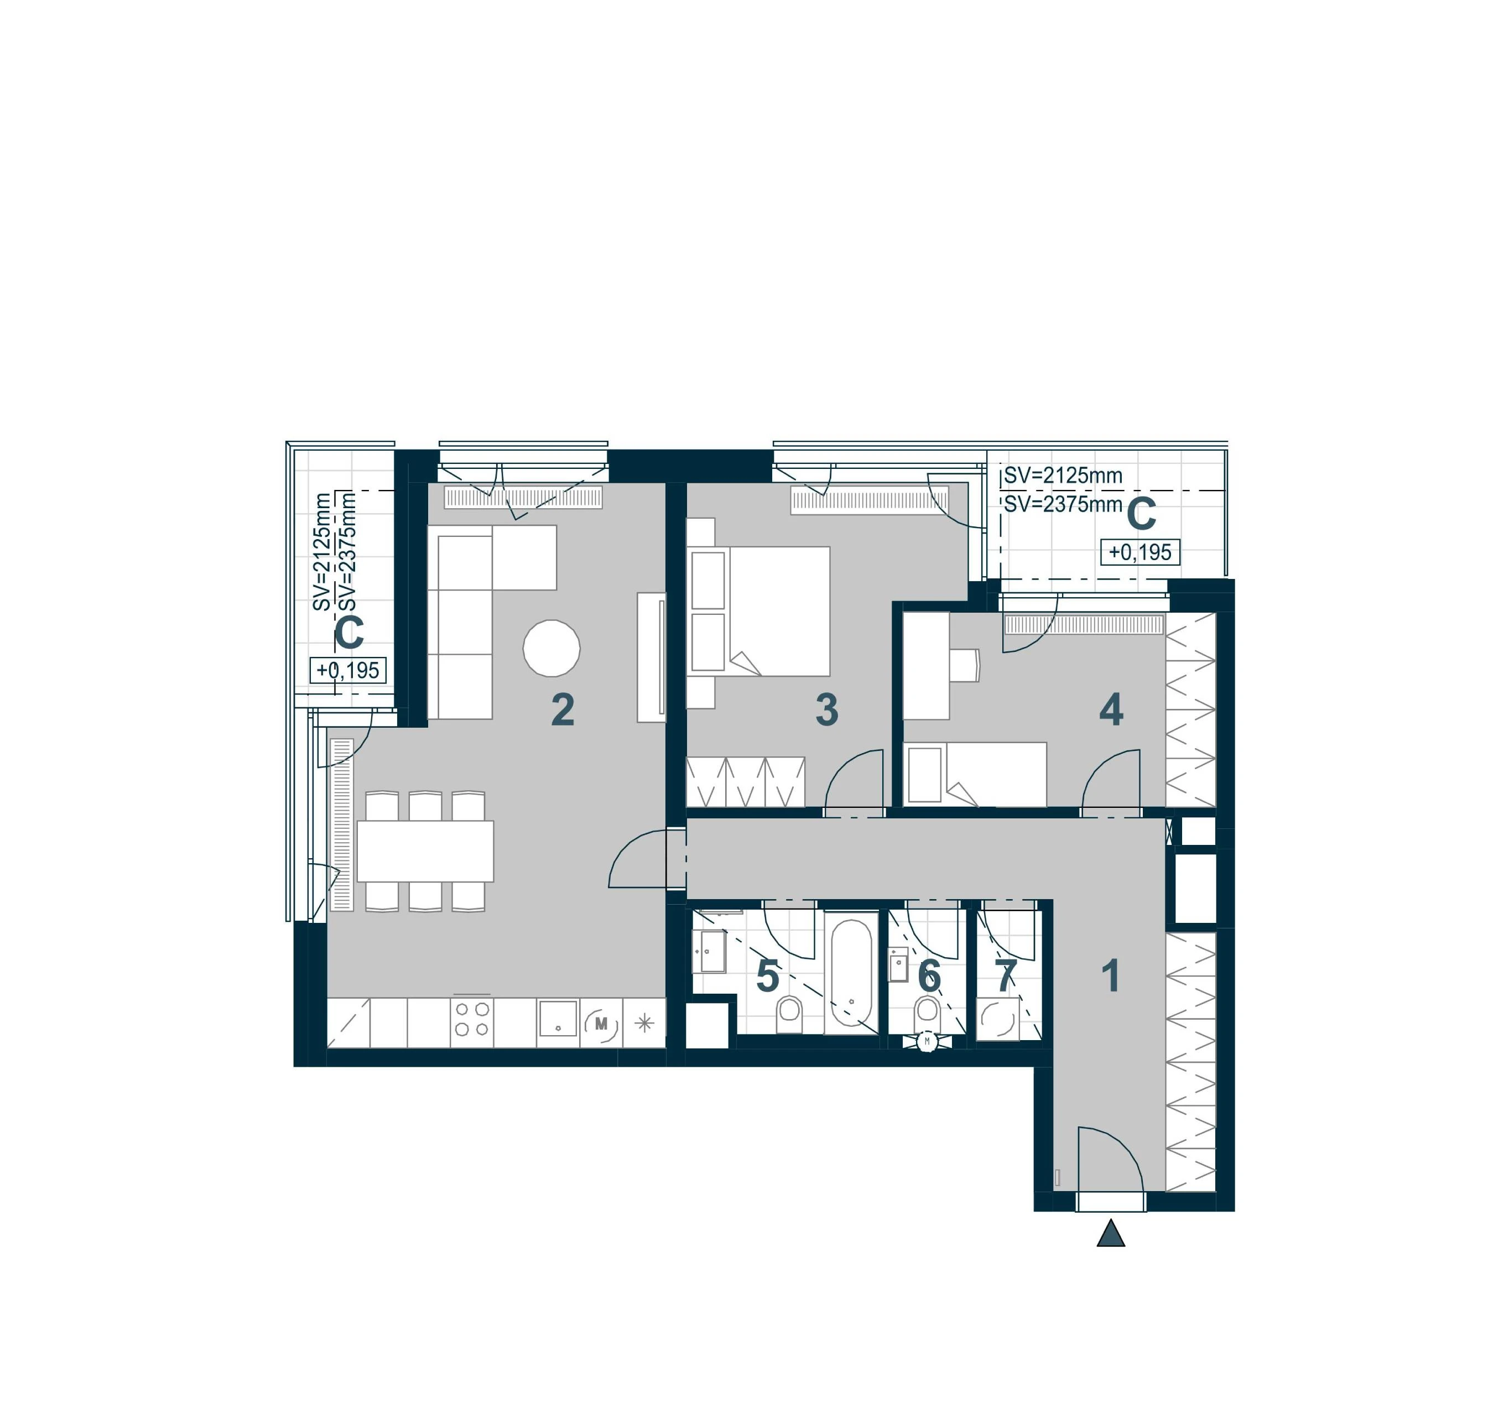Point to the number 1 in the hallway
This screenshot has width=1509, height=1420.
[x=1111, y=976]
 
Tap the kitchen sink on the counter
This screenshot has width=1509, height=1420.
[x=558, y=1019]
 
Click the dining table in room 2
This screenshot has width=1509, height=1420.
[x=425, y=851]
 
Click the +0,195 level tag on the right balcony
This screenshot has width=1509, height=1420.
[x=1140, y=552]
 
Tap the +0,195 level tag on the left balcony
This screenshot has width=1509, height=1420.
[x=348, y=670]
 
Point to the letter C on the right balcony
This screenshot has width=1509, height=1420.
[x=1141, y=515]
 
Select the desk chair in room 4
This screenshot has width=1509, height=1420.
[x=965, y=666]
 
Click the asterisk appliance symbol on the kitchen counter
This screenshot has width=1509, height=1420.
[x=644, y=1023]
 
